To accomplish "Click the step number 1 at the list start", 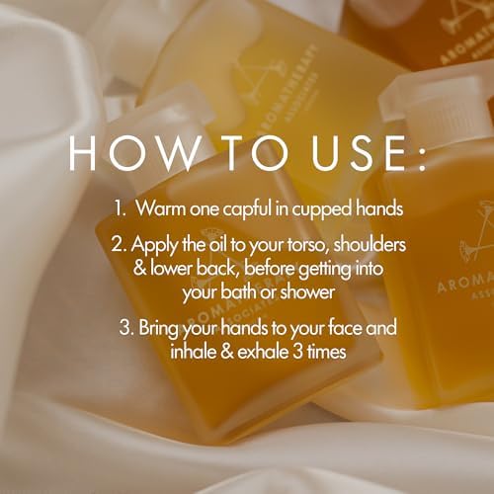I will (x=116, y=209).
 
